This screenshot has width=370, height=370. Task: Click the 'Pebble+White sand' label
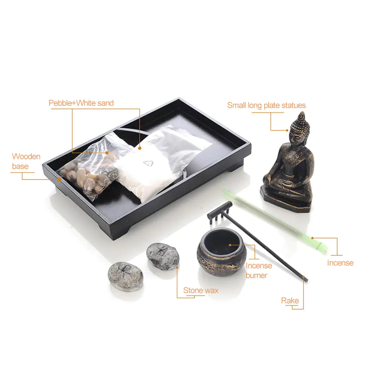tap(81, 103)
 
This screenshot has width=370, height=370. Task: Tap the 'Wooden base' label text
tap(26, 161)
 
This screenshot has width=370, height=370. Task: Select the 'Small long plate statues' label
tap(266, 105)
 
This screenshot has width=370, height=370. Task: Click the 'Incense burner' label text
tap(259, 270)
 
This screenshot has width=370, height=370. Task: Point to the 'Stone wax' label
tap(201, 290)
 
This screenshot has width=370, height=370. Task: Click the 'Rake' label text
tap(290, 301)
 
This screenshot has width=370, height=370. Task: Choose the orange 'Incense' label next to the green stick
tap(340, 263)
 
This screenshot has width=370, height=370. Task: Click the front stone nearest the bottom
tap(126, 276)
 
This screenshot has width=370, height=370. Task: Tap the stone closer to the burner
tap(163, 256)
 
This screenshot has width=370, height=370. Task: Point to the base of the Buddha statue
tap(288, 201)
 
